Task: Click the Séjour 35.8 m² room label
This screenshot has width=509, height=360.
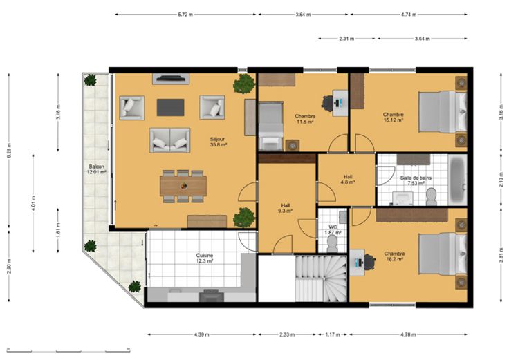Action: pyautogui.click(x=218, y=142)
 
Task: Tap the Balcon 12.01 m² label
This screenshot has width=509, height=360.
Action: pyautogui.click(x=96, y=169)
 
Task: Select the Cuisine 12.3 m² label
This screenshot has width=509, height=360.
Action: pyautogui.click(x=204, y=258)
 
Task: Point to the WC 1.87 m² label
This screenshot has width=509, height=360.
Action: pyautogui.click(x=333, y=230)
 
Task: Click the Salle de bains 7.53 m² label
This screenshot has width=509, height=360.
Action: pyautogui.click(x=416, y=180)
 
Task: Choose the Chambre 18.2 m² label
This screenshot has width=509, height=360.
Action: pyautogui.click(x=394, y=256)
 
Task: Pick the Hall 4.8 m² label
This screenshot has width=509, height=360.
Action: pyautogui.click(x=348, y=180)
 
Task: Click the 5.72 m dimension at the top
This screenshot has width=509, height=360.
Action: pyautogui.click(x=185, y=15)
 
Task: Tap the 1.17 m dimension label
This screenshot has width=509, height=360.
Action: pyautogui.click(x=333, y=334)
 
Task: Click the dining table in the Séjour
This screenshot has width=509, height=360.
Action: pyautogui.click(x=183, y=186)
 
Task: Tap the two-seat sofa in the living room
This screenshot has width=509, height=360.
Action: pyautogui.click(x=169, y=140)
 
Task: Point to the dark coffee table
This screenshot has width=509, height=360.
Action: pyautogui.click(x=170, y=107)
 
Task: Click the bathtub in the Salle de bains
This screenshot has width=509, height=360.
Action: pyautogui.click(x=457, y=180)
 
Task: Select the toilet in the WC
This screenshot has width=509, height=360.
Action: pyautogui.click(x=333, y=243)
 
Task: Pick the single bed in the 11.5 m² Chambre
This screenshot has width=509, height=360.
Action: pyautogui.click(x=270, y=126)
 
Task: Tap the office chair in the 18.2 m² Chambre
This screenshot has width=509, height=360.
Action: pyautogui.click(x=369, y=262)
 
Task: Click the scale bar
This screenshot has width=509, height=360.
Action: pyautogui.click(x=68, y=350)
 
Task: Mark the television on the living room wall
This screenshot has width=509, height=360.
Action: pyautogui.click(x=170, y=78)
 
